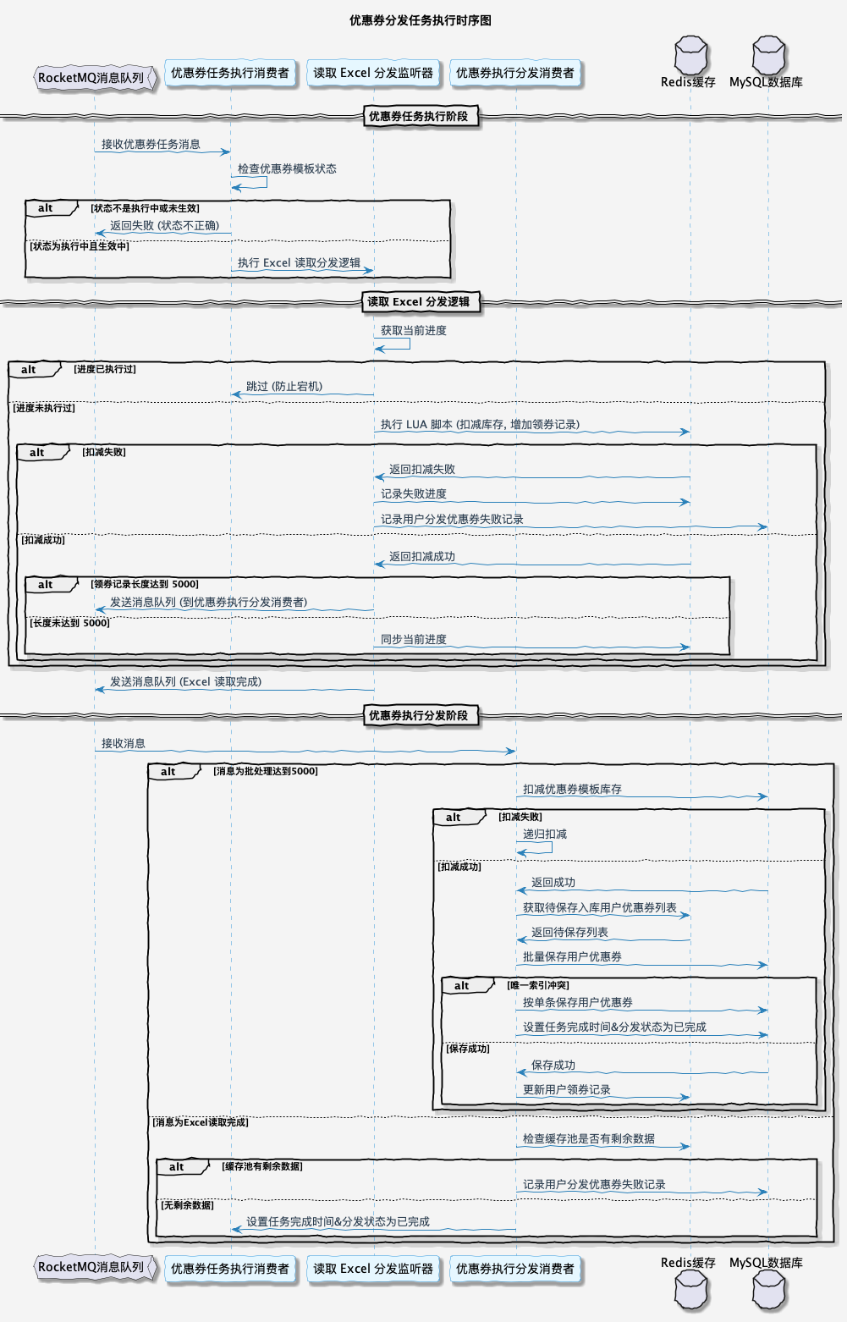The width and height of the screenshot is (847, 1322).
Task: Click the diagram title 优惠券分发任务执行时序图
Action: coord(420,20)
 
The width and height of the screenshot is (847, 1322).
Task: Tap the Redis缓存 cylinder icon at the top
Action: coord(690,56)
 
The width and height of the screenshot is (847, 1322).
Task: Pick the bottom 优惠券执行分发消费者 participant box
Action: coord(514,1269)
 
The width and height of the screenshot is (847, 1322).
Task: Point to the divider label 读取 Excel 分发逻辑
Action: coord(418,302)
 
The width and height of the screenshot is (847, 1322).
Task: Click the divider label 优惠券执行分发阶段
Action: coord(418,716)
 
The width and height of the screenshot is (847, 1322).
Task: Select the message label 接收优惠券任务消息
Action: coord(151,145)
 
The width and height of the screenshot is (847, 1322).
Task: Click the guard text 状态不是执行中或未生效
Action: coord(146,208)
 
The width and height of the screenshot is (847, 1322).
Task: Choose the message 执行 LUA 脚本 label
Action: coord(480,425)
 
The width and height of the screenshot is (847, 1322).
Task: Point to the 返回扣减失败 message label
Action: coord(422,470)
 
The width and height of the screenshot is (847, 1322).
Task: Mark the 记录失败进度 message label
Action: coord(414,494)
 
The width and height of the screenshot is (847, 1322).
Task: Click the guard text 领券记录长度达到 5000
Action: coord(146,585)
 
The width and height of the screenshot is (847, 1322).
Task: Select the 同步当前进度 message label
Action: coord(414,640)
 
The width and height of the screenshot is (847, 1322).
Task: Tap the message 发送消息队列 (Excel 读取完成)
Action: coord(185,682)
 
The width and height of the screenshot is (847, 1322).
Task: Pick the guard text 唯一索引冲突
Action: coord(539,986)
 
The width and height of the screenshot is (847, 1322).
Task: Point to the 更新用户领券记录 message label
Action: coord(567,1090)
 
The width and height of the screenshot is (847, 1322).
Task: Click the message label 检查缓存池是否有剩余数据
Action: coord(589,1139)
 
